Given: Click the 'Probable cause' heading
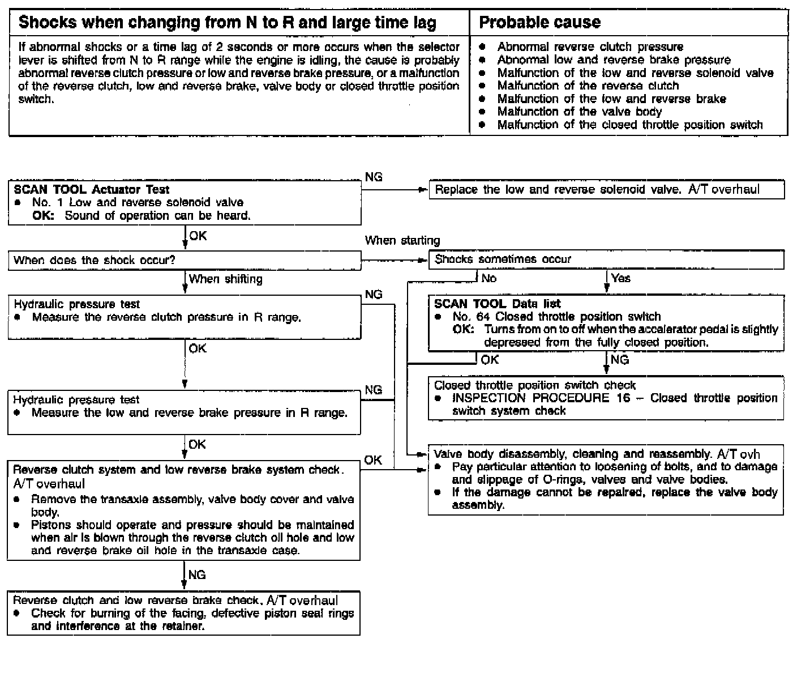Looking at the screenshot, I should pos(539,23).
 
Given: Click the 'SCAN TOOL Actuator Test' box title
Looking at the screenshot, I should pos(91,189).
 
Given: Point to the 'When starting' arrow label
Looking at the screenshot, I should pos(402,240).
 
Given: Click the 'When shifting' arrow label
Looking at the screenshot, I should pos(225,279).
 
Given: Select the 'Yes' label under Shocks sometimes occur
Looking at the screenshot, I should pos(620,278).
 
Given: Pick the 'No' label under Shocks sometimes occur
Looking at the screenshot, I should pos(489,278).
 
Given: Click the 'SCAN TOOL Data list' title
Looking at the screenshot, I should pos(497,304).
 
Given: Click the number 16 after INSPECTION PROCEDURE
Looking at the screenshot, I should pos(623,398).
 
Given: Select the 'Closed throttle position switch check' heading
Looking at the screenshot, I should pos(534,385).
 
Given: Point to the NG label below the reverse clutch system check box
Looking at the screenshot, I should pos(196,575).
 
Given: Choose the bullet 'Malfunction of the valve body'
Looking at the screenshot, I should pos(579,112).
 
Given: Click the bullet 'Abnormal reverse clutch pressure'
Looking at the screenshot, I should pos(590,46).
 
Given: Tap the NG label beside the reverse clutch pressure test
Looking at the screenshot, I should pos(374,295).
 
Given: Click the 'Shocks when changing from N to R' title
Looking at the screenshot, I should pos(228,23).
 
